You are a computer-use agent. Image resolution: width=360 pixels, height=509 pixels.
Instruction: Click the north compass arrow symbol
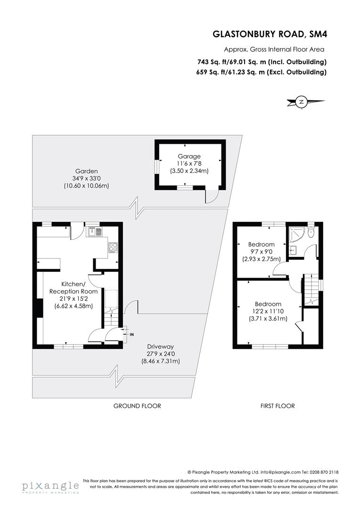pos(302,101)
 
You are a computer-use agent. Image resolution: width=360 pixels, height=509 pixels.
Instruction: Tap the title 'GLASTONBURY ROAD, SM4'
pos(270,34)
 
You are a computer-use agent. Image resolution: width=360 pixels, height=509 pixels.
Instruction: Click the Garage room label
pos(189,156)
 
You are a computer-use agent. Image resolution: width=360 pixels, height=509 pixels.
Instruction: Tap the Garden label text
pos(86,171)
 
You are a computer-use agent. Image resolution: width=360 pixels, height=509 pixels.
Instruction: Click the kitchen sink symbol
pos(94,232)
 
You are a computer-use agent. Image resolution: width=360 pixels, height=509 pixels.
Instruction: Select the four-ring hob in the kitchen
pos(114,247)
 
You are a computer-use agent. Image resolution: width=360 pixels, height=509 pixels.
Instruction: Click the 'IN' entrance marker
pos(131,334)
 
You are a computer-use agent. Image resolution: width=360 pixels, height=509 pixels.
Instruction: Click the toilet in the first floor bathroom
pos(311,234)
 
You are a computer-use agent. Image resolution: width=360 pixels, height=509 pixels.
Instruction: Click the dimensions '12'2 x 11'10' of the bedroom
pos(268,311)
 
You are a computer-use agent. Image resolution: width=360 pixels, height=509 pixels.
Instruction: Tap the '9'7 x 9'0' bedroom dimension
pos(261,252)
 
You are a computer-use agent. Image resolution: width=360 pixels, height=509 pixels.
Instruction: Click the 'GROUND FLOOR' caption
pos(137,406)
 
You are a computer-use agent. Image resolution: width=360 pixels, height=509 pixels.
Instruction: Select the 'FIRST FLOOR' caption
pos(278,406)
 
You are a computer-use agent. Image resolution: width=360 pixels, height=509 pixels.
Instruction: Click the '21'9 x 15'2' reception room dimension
pos(73,299)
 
